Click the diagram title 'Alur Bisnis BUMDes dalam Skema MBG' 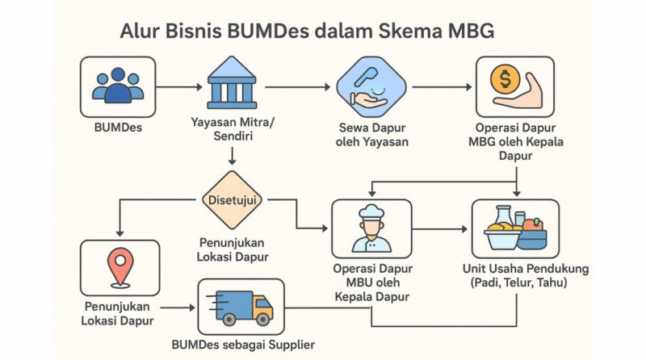click(307, 32)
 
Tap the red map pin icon click(120, 265)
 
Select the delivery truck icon click(240, 307)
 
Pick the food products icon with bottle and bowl click(514, 228)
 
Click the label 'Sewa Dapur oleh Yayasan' click(371, 135)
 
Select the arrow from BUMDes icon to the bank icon click(178, 86)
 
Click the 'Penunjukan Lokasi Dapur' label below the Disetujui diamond click(233, 249)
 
